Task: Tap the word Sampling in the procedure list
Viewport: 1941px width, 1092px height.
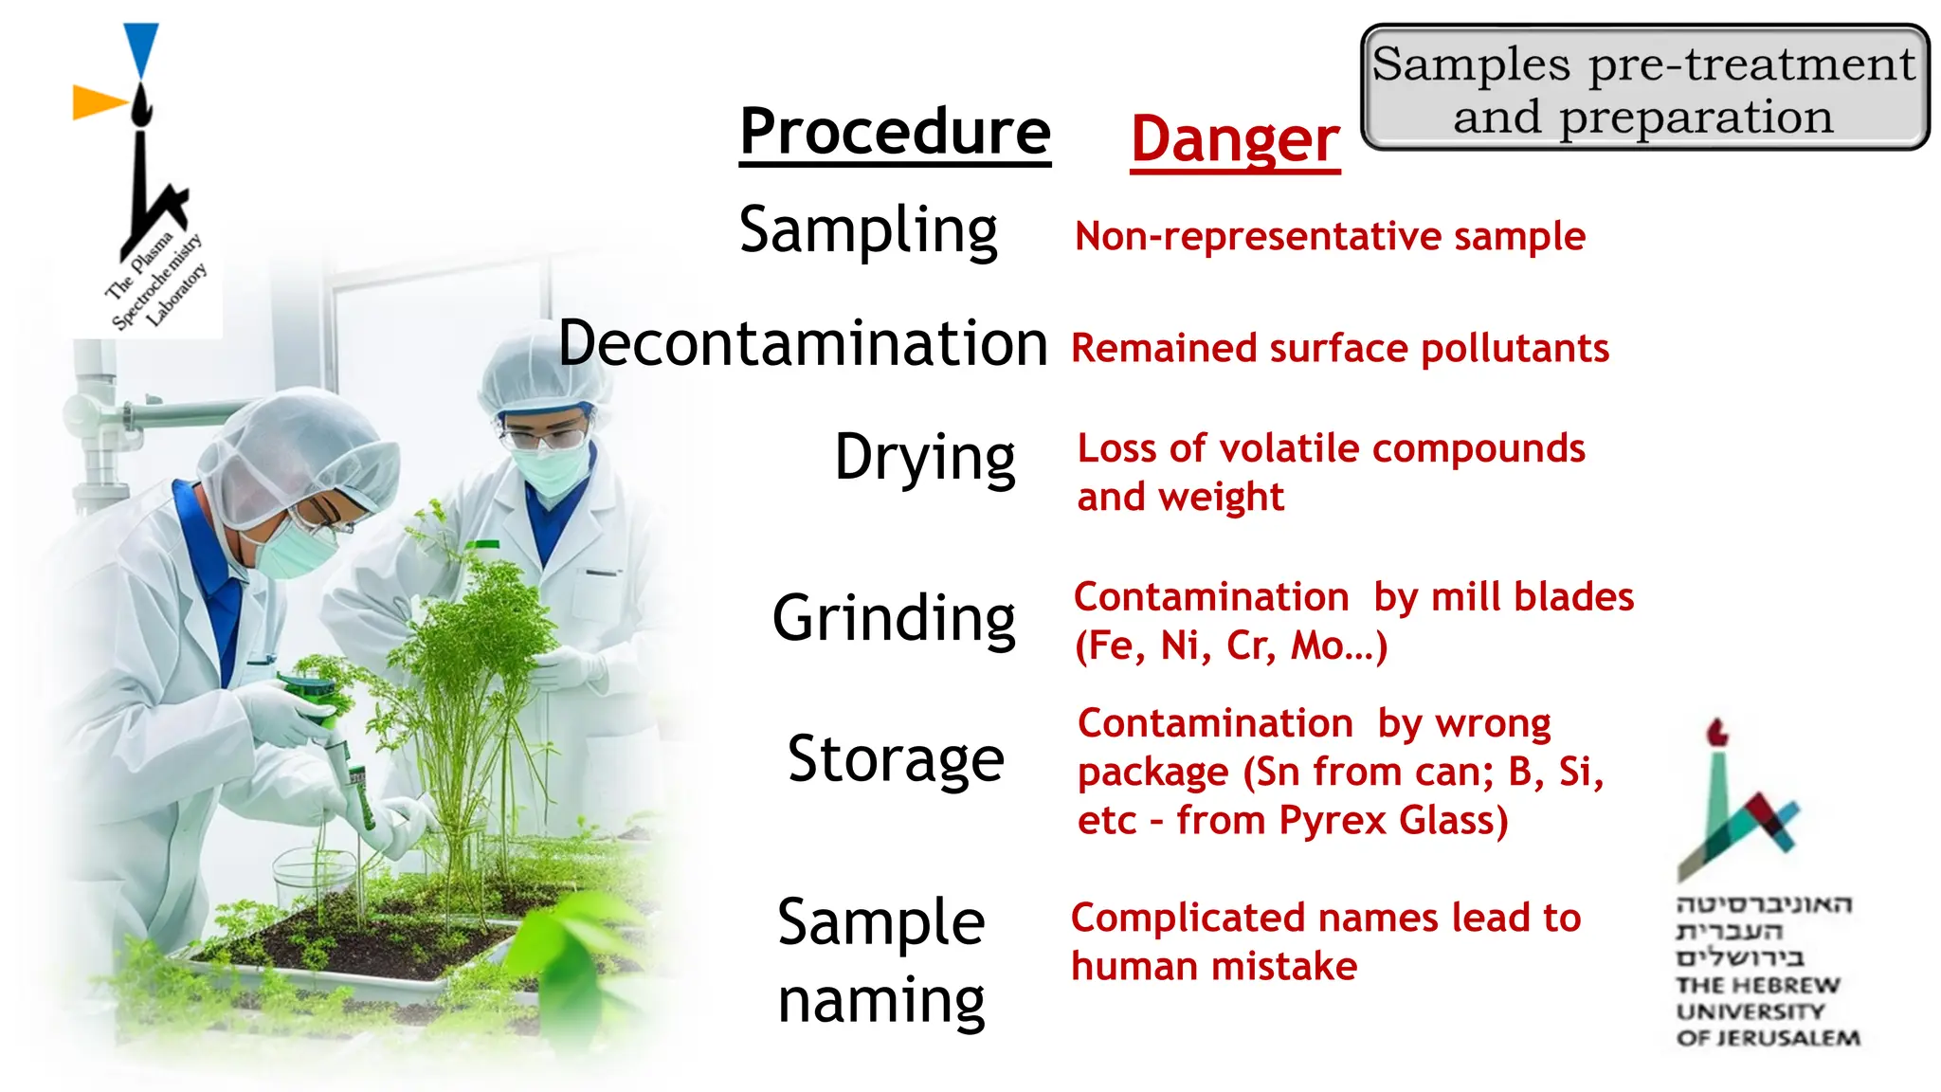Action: (x=868, y=230)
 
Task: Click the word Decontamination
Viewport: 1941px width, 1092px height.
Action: (x=803, y=343)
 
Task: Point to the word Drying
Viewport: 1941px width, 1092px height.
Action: (x=924, y=458)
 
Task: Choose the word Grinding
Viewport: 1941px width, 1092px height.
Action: (x=894, y=618)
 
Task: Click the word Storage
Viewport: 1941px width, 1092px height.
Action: (x=896, y=759)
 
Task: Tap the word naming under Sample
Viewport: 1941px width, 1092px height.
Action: (x=881, y=1001)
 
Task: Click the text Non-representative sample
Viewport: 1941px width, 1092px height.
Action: (x=1329, y=236)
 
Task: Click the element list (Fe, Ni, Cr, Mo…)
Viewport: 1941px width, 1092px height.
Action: (x=1230, y=646)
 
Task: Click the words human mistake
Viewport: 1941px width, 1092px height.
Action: (x=1213, y=967)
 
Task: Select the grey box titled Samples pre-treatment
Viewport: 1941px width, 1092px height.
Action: (x=1644, y=88)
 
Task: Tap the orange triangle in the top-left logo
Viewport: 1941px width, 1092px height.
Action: (x=98, y=101)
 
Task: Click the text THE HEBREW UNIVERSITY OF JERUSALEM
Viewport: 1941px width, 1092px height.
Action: (x=1767, y=1011)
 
